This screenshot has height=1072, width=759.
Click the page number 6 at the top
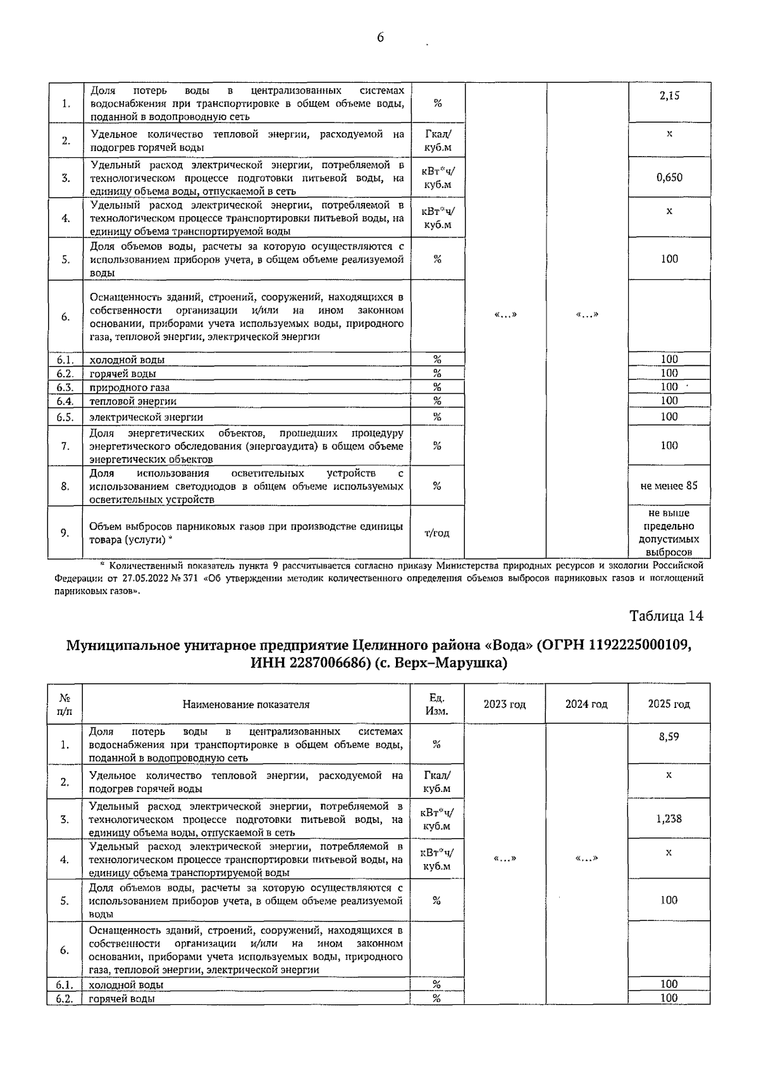[x=380, y=38]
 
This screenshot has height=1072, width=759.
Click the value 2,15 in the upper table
[x=669, y=96]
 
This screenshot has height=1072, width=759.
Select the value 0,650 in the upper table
[x=669, y=178]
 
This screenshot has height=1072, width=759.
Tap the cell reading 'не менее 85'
[x=669, y=486]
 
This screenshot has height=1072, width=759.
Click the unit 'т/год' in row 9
[x=436, y=533]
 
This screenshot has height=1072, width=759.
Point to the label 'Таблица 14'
[x=666, y=616]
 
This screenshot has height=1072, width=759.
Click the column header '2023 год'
[x=505, y=704]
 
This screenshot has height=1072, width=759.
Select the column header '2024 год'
[x=586, y=704]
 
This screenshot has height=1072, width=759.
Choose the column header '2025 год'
[x=669, y=704]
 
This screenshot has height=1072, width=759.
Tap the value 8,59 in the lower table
[x=669, y=737]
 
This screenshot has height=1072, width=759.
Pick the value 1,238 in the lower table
[x=669, y=819]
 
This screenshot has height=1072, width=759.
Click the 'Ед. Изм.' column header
[x=436, y=704]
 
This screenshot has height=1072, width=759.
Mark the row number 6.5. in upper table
[x=65, y=417]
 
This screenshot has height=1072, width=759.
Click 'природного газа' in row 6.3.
[x=130, y=387]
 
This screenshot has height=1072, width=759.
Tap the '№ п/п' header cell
[x=65, y=704]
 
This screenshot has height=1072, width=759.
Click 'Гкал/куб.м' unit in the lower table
[x=436, y=782]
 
